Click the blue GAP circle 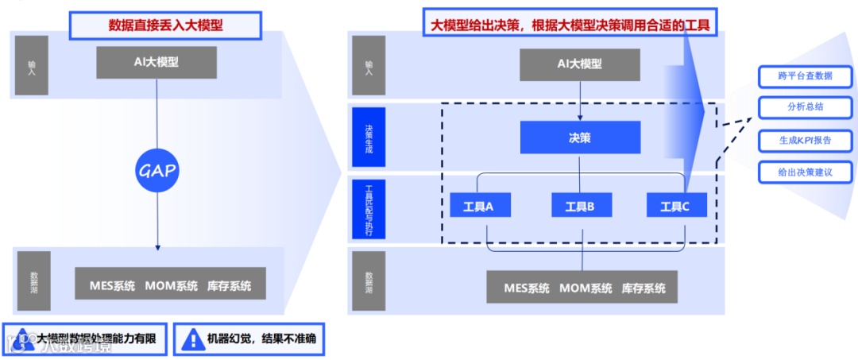157,168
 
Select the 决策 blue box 580,137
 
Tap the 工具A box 480,206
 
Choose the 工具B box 580,206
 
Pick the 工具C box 677,206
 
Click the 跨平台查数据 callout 806,76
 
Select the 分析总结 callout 806,107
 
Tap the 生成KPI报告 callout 806,140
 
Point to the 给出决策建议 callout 806,172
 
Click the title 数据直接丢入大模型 166,25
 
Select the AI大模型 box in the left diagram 157,63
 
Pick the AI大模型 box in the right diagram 579,64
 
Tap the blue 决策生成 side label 369,137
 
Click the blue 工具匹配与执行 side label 369,209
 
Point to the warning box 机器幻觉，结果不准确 249,339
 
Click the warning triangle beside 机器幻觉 192,339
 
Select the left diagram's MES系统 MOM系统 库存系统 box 170,284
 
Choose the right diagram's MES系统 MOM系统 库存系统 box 582,287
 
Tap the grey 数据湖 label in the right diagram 369,281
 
